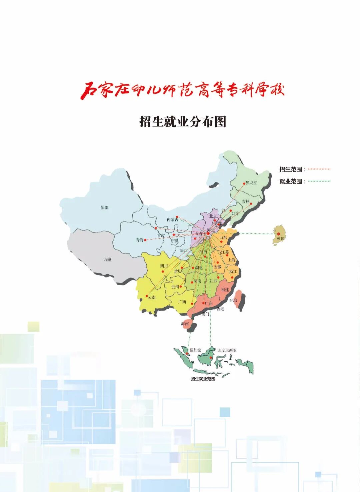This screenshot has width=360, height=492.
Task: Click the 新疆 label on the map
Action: (105, 207)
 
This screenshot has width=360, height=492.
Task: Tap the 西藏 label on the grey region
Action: (107, 260)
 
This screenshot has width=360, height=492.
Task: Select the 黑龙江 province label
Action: (252, 183)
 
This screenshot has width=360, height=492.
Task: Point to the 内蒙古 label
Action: (172, 219)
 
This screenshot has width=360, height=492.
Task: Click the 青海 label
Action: (140, 240)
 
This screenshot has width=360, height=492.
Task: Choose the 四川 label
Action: (164, 266)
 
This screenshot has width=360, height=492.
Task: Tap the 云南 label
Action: (152, 297)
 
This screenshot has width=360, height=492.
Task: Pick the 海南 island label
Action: (185, 324)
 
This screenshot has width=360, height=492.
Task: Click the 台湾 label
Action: (233, 301)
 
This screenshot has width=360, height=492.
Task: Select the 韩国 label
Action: (281, 238)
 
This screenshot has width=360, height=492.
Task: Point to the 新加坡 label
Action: (195, 350)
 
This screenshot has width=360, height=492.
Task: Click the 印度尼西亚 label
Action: (227, 350)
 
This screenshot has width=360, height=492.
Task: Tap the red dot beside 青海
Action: (145, 240)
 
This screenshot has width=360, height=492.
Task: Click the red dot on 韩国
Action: (278, 234)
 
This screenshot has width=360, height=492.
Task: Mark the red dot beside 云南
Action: (147, 296)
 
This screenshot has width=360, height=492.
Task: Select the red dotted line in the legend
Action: (319, 169)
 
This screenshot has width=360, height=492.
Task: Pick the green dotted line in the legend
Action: (319, 181)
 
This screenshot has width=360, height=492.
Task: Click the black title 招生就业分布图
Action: (183, 121)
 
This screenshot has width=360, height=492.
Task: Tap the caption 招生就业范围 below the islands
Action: (203, 379)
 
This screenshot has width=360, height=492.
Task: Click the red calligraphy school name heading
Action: (182, 90)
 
